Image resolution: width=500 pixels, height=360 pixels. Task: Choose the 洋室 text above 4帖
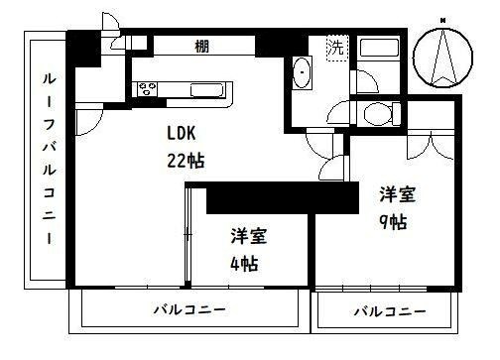tap(247, 238)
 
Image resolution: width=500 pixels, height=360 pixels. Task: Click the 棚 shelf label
tap(201, 46)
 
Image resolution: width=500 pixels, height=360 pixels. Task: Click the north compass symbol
tap(443, 55)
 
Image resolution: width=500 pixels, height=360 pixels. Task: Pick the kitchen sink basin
tap(204, 90)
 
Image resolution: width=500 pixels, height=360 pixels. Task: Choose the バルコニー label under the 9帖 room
tap(390, 311)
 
